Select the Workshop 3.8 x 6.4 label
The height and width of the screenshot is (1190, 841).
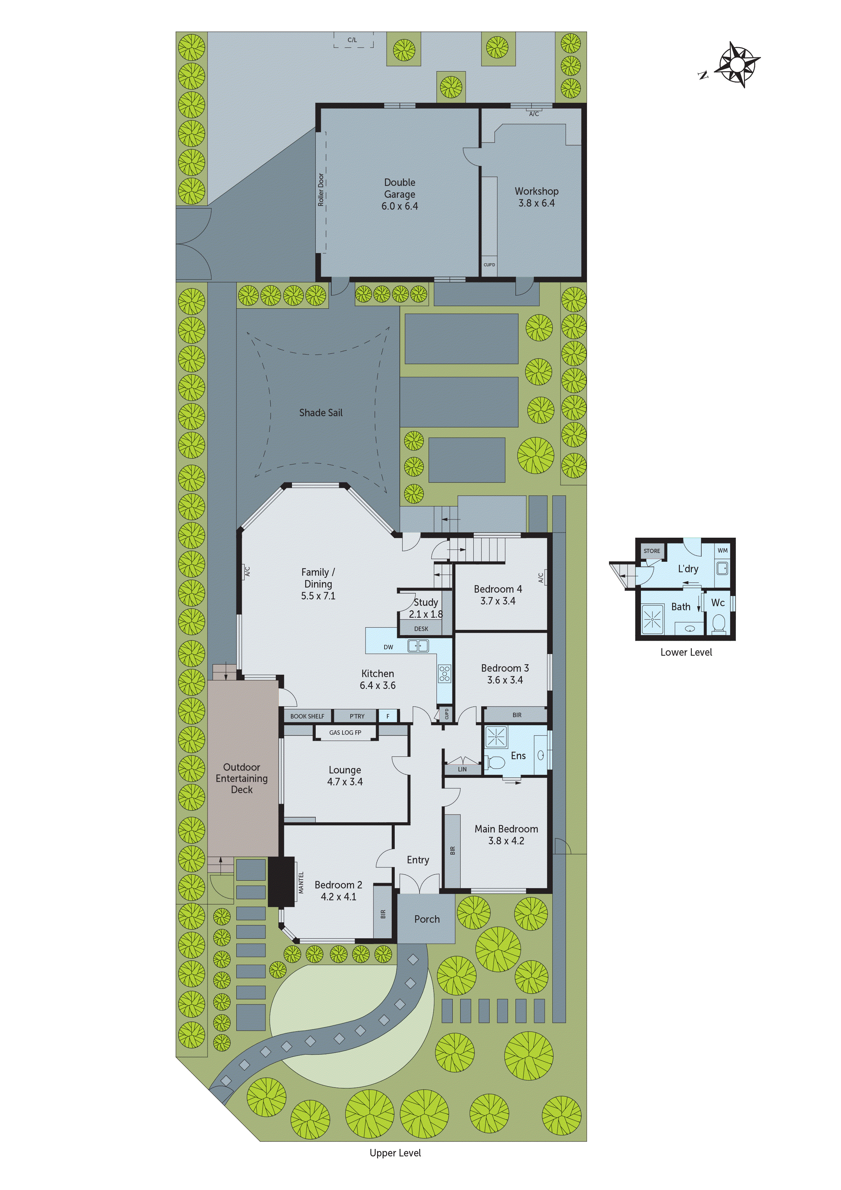(536, 197)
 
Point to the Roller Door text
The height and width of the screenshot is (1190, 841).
(321, 189)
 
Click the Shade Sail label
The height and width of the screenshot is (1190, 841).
(321, 412)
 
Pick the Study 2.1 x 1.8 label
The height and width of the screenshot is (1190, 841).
(426, 608)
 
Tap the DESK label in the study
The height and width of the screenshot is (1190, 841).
(421, 629)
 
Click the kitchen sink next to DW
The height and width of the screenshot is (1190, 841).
(418, 646)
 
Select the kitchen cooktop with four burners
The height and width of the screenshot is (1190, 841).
(445, 673)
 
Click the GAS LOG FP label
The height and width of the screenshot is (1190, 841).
(345, 732)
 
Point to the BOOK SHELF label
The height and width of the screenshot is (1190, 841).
(307, 716)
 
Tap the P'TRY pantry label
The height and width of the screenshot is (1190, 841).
(357, 716)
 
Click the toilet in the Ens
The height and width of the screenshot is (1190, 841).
(495, 763)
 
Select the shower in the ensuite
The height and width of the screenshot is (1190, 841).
(496, 736)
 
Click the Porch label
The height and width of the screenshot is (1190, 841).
(427, 919)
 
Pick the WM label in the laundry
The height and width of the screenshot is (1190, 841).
(722, 551)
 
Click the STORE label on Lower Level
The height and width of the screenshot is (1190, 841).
(652, 551)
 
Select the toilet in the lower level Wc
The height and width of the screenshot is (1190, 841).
(719, 622)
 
